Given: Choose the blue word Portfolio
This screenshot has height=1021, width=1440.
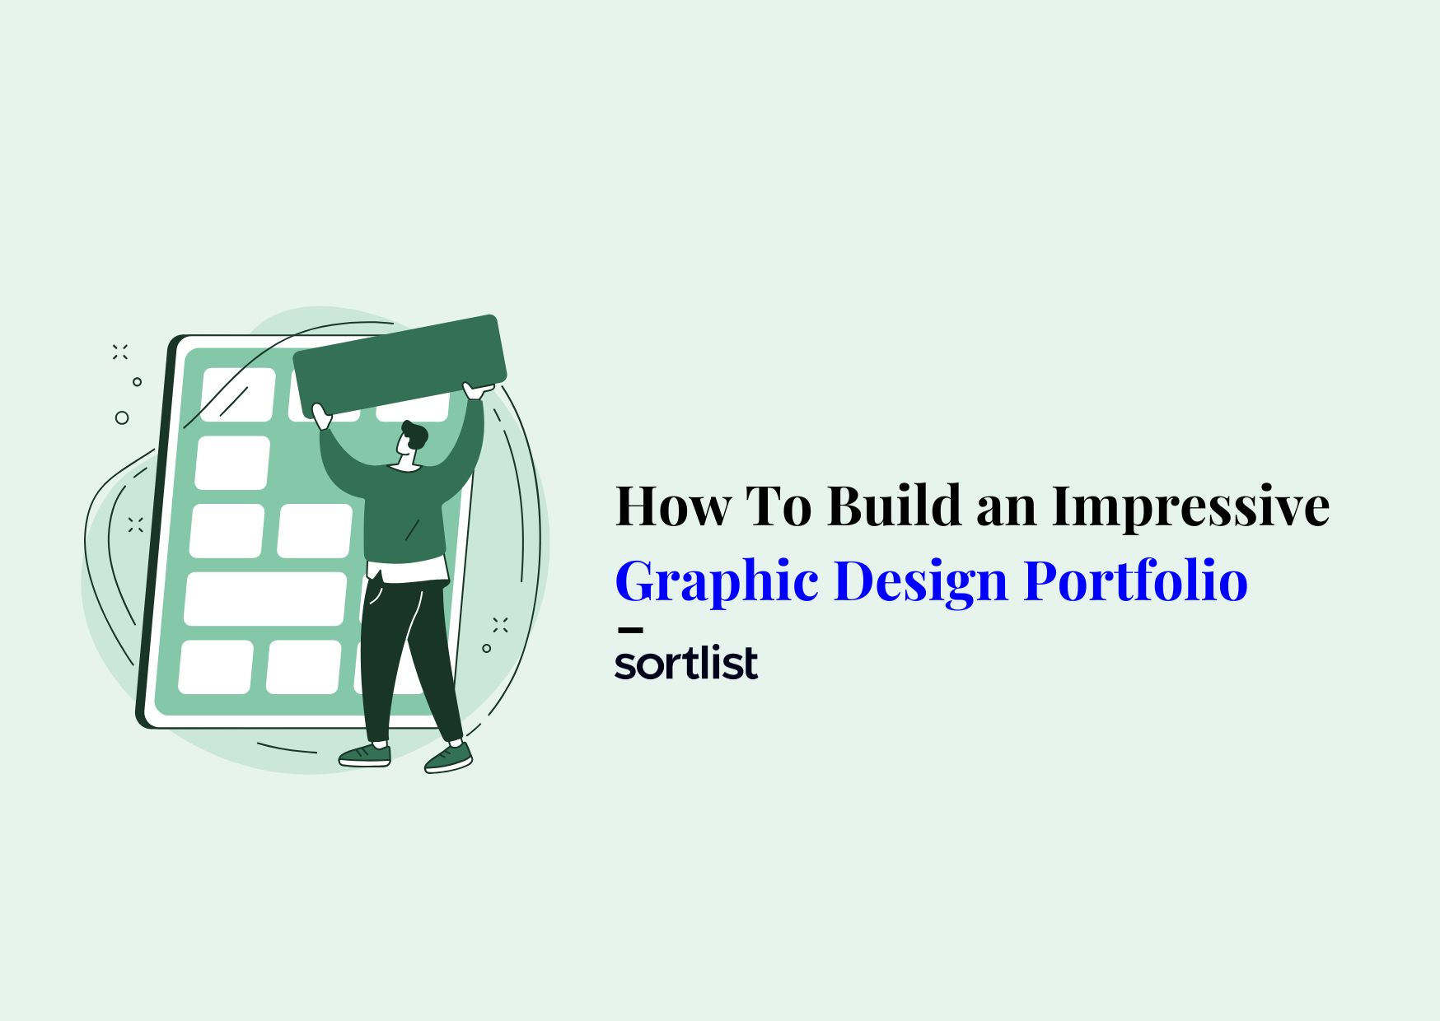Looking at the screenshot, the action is click(x=1136, y=581).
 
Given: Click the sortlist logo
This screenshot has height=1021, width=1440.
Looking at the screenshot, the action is click(x=686, y=664).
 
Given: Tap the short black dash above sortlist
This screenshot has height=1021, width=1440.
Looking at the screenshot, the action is click(x=629, y=631).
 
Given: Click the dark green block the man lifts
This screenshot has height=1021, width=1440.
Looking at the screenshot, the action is click(x=400, y=366).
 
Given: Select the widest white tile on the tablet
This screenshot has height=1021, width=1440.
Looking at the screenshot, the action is click(x=265, y=599).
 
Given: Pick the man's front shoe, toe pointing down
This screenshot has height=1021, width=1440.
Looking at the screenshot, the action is click(x=449, y=758).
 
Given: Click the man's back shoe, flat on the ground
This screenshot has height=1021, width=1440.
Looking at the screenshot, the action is click(x=365, y=755).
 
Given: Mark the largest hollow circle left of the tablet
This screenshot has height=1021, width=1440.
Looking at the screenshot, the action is click(x=122, y=417).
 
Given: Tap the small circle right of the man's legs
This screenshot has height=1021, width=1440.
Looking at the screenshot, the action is click(x=486, y=649).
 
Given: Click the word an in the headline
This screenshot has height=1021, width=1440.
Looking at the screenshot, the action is click(x=1007, y=510).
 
